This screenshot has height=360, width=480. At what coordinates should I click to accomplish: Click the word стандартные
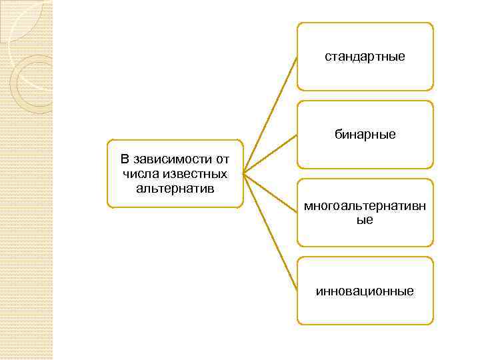365,57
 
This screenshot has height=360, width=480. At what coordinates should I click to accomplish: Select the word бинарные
365,135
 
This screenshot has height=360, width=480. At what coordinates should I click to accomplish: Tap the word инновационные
365,291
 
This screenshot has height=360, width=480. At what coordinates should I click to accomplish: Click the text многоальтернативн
365,207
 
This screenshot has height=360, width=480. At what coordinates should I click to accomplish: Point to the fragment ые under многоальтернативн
365,219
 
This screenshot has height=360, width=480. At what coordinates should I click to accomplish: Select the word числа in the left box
139,174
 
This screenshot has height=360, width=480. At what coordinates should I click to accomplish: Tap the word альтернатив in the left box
175,188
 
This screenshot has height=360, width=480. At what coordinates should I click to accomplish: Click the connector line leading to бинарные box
270,155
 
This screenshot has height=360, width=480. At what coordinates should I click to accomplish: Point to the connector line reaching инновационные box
270,233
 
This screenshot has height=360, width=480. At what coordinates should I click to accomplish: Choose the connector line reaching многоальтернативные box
270,193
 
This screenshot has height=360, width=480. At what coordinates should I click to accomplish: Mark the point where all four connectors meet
243,174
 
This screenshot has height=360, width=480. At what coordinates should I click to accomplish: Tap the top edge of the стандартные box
365,23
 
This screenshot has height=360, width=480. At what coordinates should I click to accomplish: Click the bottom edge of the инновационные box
365,324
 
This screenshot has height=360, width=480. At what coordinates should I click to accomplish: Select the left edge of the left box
108,174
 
